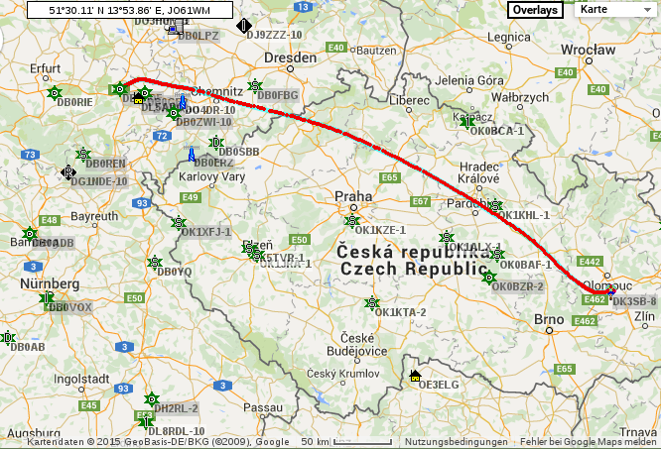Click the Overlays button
[535, 9]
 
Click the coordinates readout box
[129, 9]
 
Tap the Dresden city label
[290, 57]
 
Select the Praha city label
[353, 195]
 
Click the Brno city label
[549, 319]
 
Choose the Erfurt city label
[46, 68]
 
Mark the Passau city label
[262, 406]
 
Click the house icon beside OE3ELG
[414, 376]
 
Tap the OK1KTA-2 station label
[400, 312]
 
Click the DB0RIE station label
[74, 102]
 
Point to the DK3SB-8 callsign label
[634, 300]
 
